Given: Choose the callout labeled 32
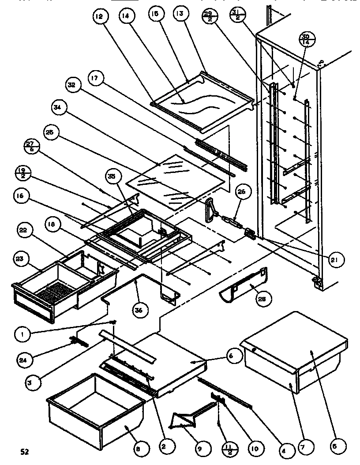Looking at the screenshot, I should tap(72, 84).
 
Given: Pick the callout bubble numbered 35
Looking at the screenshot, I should tap(111, 176).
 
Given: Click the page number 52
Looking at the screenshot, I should tap(25, 451).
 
